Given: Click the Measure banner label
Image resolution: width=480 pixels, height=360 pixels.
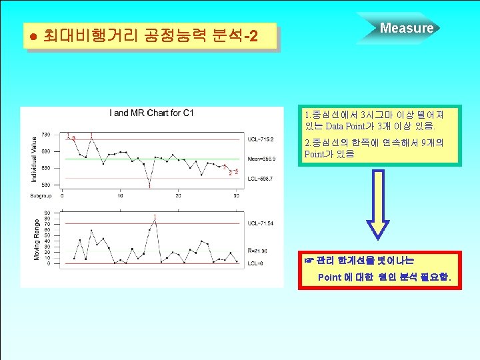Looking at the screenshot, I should (406, 28).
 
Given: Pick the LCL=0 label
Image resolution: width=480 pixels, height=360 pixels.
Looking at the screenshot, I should (255, 263).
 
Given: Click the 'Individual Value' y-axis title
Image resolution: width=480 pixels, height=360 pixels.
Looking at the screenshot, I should (35, 158).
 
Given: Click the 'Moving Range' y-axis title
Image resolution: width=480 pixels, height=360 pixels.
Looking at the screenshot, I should (35, 238).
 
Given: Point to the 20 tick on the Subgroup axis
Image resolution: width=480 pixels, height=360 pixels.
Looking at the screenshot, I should (178, 195).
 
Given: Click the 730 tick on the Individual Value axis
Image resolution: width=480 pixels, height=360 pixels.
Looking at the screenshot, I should (45, 135).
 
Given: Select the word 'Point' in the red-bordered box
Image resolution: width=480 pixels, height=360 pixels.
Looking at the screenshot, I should (330, 277).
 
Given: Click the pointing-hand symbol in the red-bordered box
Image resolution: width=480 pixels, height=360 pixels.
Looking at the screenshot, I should (308, 259).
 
